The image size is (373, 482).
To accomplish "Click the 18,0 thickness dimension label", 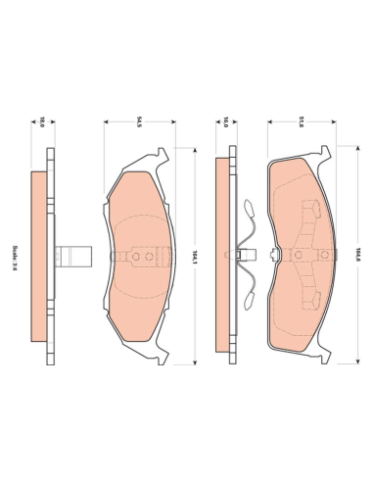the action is pyautogui.click(x=42, y=122).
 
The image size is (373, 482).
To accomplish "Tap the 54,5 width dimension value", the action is pyautogui.click(x=139, y=122).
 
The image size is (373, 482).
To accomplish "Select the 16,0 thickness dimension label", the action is pyautogui.click(x=225, y=122).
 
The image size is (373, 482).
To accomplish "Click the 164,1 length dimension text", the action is pyautogui.click(x=195, y=257).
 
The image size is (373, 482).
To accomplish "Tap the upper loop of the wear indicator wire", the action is pyautogui.click(x=249, y=207).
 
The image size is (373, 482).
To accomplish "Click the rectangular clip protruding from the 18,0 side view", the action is pyautogui.click(x=73, y=257).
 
